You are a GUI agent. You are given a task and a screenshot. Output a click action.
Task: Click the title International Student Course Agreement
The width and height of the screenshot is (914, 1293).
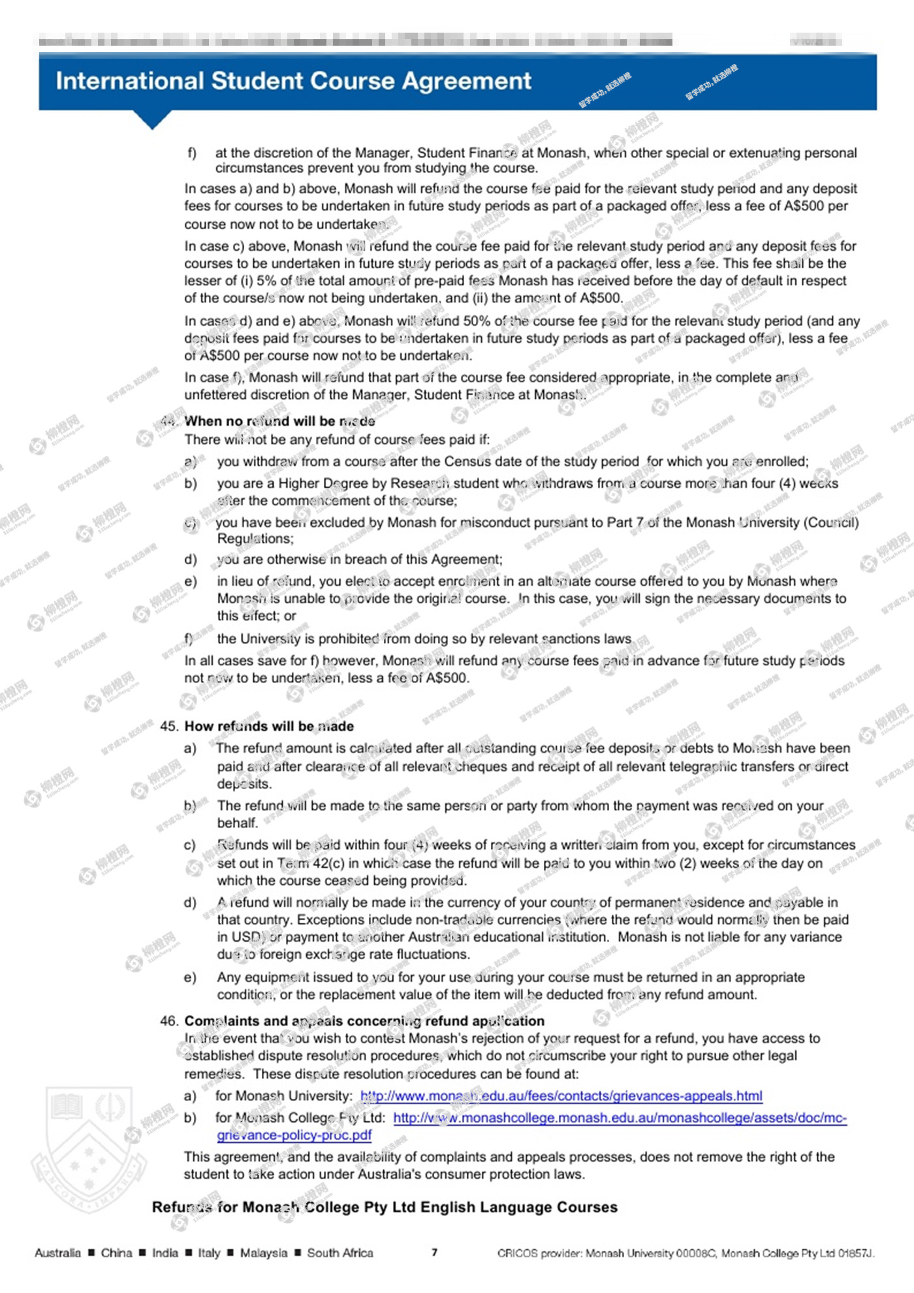tap(293, 81)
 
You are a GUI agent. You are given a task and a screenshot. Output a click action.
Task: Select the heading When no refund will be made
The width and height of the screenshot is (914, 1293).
tap(279, 421)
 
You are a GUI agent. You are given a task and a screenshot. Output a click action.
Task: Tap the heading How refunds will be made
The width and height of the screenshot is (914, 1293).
tap(269, 726)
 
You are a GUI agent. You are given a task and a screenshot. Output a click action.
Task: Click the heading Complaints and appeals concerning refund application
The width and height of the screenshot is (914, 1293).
tap(364, 1021)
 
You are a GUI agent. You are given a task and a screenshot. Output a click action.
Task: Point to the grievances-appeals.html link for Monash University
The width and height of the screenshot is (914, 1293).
tap(561, 1096)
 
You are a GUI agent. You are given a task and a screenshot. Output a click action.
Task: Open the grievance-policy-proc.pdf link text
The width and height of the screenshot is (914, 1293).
tap(294, 1135)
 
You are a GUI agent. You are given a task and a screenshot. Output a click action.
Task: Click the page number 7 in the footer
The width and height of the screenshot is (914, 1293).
tap(434, 1253)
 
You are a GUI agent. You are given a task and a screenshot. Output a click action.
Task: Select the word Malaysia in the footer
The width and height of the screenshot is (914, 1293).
tap(264, 1253)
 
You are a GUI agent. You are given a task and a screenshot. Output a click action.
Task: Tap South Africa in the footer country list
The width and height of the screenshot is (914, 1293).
tap(340, 1253)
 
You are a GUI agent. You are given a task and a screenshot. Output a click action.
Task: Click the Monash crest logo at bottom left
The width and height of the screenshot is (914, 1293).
tap(89, 1149)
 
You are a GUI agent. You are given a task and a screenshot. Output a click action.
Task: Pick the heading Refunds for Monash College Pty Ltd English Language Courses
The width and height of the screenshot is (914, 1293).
tap(385, 1207)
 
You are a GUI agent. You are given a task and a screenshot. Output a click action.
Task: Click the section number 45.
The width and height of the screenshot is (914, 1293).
tap(168, 726)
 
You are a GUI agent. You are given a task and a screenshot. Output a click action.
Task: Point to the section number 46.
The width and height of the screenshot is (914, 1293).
tap(168, 1021)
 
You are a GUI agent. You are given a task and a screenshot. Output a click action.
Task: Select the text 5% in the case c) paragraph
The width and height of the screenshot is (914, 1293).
tap(266, 281)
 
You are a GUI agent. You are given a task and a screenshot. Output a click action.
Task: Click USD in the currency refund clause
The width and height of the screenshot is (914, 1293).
tap(246, 937)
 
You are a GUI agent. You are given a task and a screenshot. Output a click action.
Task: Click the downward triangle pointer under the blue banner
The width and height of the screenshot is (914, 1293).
tap(152, 120)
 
